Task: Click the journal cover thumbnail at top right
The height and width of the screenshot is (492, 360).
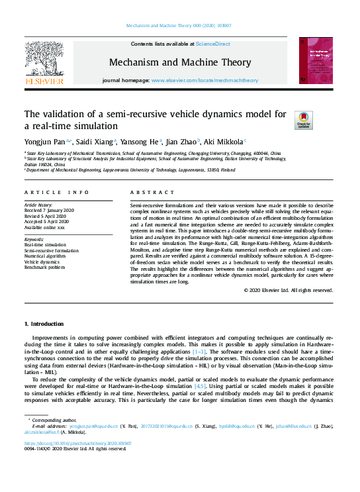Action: pos(315,60)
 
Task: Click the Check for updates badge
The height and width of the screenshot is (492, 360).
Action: pos(304,120)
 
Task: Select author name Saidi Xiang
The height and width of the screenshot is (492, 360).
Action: pos(95,141)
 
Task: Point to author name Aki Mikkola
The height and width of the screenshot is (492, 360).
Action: pos(223,141)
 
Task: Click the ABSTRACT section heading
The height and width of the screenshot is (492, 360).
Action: pos(143,192)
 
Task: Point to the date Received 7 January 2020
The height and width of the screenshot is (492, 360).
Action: pos(50,211)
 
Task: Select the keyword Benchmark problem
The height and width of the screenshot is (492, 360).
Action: pos(45,268)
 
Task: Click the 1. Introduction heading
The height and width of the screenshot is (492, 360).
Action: pos(44,324)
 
